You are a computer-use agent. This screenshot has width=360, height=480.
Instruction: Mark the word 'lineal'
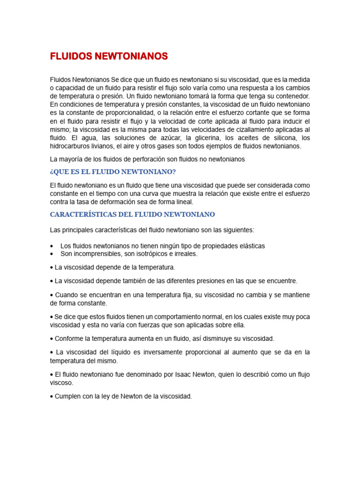[x=183, y=202]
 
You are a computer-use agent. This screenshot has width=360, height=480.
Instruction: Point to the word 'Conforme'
[x=68, y=338]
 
